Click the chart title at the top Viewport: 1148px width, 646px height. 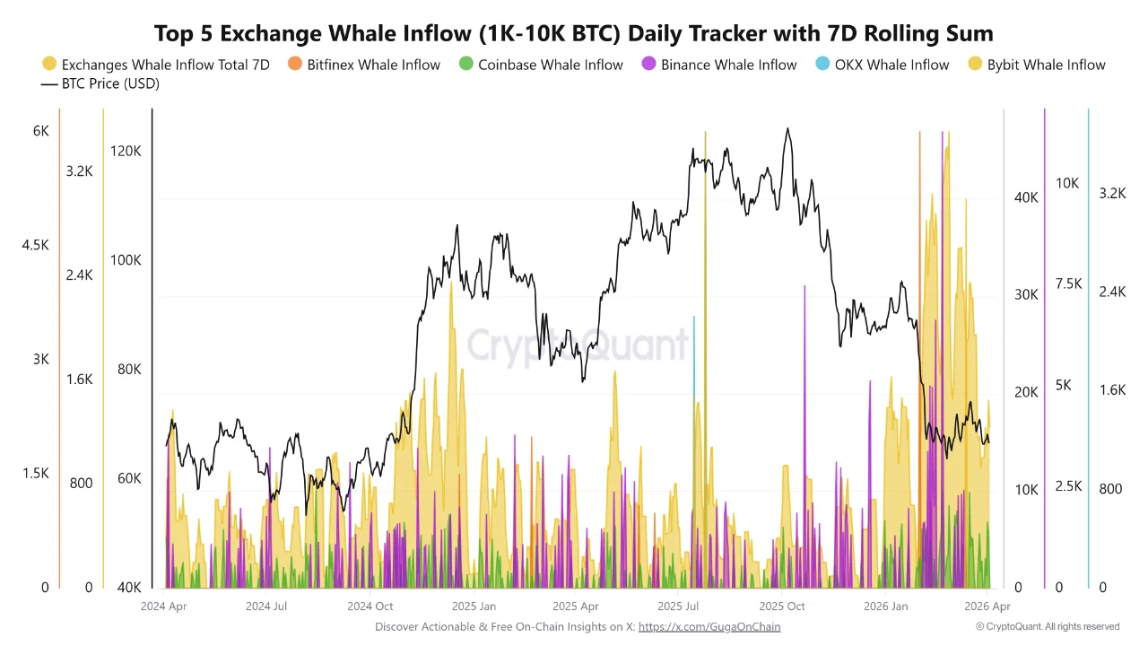(573, 34)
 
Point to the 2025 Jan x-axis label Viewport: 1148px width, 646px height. (474, 607)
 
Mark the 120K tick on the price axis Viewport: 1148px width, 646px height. (126, 152)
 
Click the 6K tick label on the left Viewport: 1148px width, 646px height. (41, 131)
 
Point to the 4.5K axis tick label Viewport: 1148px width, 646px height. (36, 245)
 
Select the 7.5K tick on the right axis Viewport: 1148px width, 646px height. (1068, 284)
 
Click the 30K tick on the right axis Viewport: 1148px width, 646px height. (1025, 295)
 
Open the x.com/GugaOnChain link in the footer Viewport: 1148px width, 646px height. (709, 626)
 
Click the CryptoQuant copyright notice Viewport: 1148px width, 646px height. (1048, 626)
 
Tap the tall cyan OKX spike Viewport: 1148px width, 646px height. (693, 359)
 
